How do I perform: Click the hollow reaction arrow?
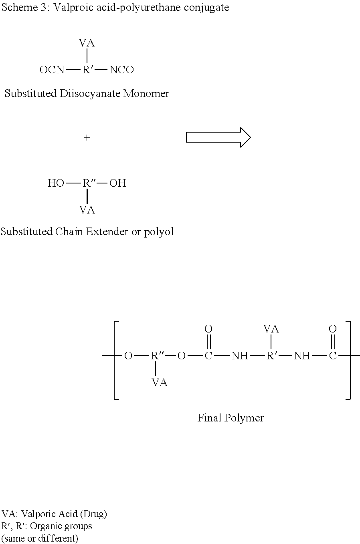(x=218, y=137)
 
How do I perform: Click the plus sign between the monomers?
(x=87, y=138)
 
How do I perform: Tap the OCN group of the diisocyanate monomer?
(x=52, y=70)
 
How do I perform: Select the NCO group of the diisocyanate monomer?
(x=121, y=70)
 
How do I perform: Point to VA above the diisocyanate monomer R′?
(x=87, y=43)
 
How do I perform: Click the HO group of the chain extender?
(x=56, y=183)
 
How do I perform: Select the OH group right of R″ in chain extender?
(x=117, y=183)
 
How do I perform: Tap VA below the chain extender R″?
(x=87, y=210)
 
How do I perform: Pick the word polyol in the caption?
(x=159, y=232)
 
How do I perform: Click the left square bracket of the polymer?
(x=116, y=360)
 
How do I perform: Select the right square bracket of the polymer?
(x=348, y=360)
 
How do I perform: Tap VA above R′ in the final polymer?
(x=271, y=329)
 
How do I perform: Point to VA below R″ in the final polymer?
(x=160, y=383)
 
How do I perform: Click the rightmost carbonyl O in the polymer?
(x=332, y=329)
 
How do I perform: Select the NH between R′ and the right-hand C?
(x=302, y=356)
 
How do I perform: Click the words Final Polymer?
(x=231, y=418)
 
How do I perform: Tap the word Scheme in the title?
(x=20, y=8)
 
